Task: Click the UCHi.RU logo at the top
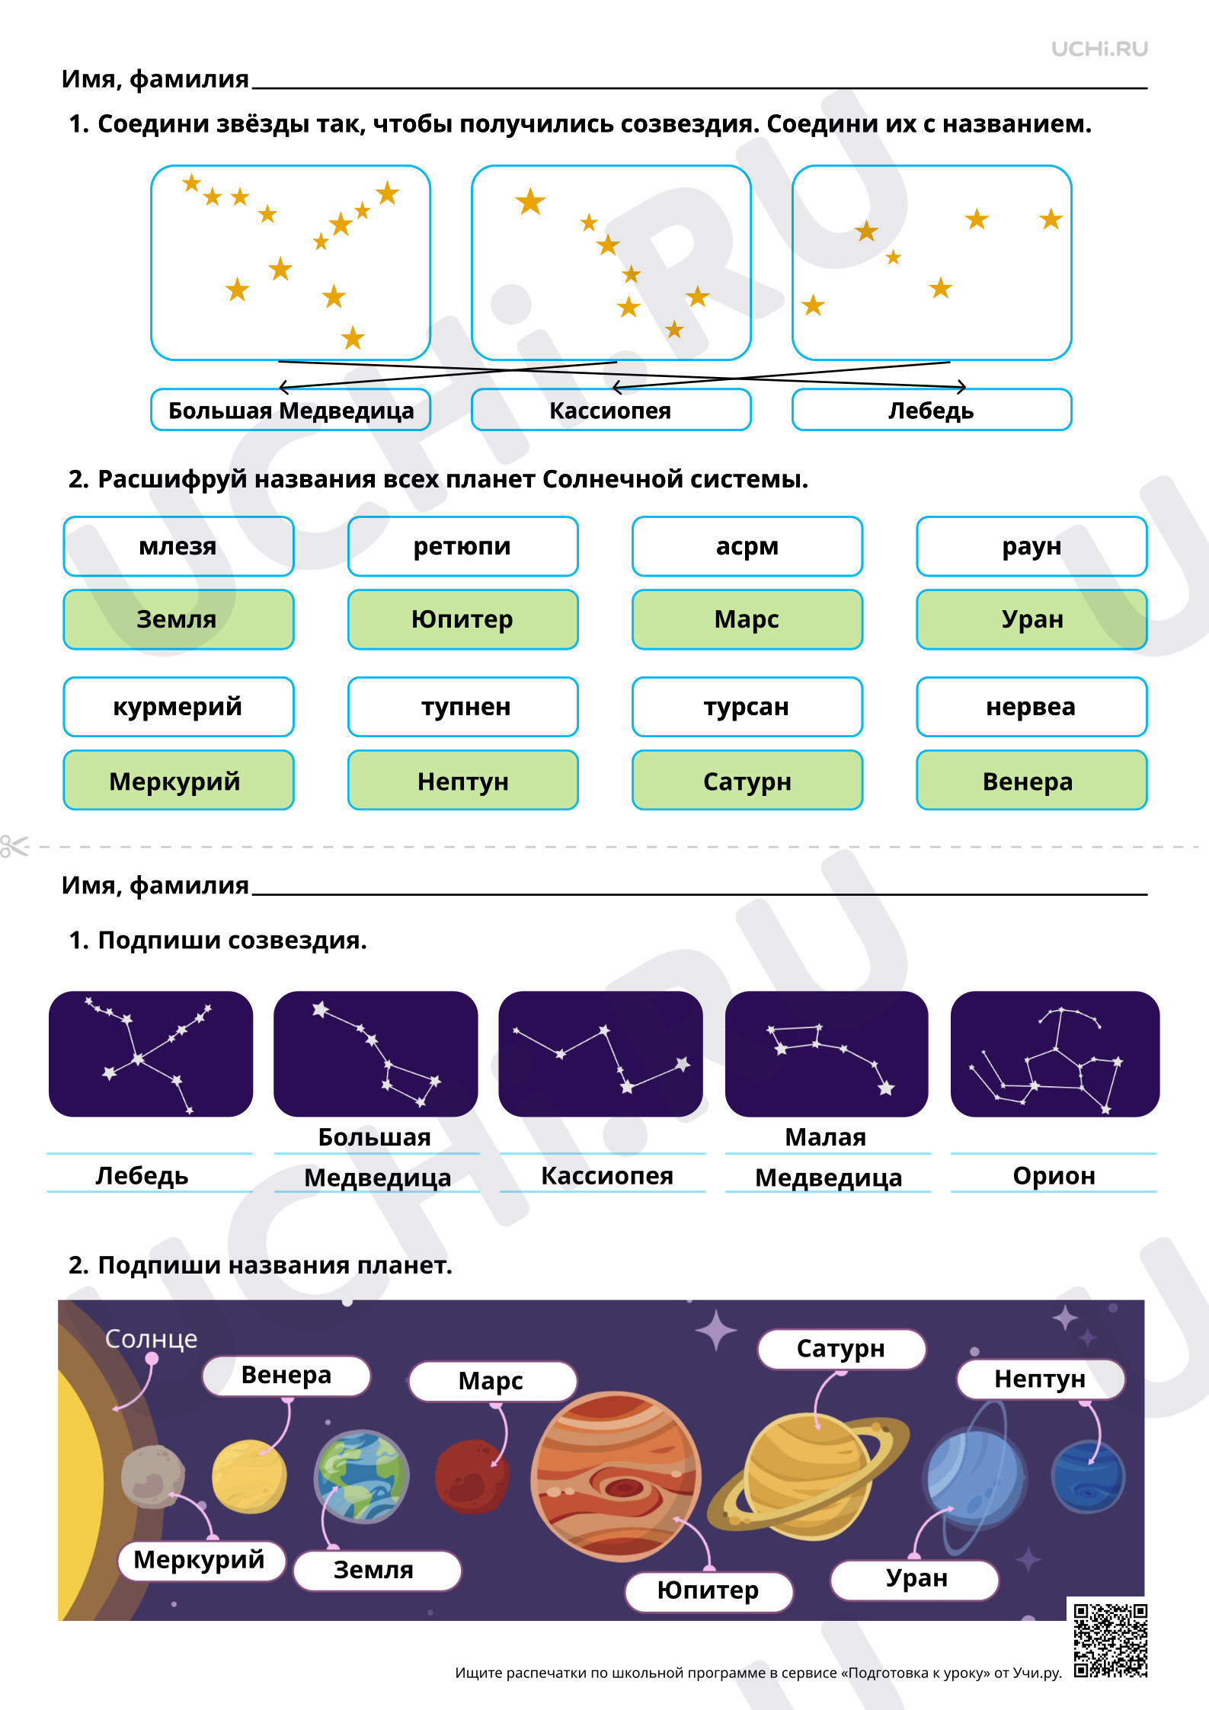pos(1099,50)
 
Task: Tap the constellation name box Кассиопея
pos(611,410)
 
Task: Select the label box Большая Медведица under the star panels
pos(291,410)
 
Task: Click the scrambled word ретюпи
pos(462,546)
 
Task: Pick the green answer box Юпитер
pos(462,619)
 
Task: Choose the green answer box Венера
pos(1031,781)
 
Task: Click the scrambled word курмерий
pos(178,707)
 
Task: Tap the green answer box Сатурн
pos(747,781)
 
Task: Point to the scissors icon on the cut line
pos(14,846)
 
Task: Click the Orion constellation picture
pos(1055,1054)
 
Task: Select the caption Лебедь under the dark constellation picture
pos(142,1175)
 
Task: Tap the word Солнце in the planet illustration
pos(151,1338)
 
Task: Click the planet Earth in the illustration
pos(361,1476)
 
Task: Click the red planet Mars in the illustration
pos(472,1476)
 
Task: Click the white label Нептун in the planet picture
pos(1041,1379)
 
